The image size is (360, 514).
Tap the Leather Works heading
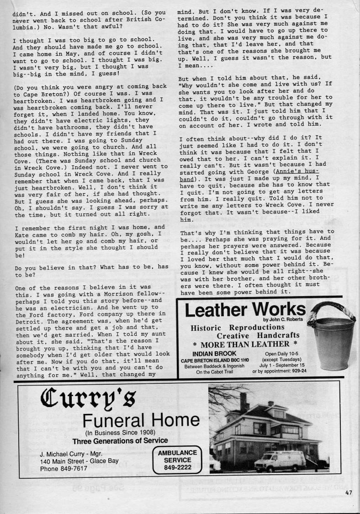pos(245,310)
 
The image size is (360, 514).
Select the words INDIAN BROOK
pos(214,354)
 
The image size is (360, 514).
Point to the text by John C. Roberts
pos(284,319)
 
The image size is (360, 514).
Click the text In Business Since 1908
pos(120,433)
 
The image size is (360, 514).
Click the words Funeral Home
pos(141,420)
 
